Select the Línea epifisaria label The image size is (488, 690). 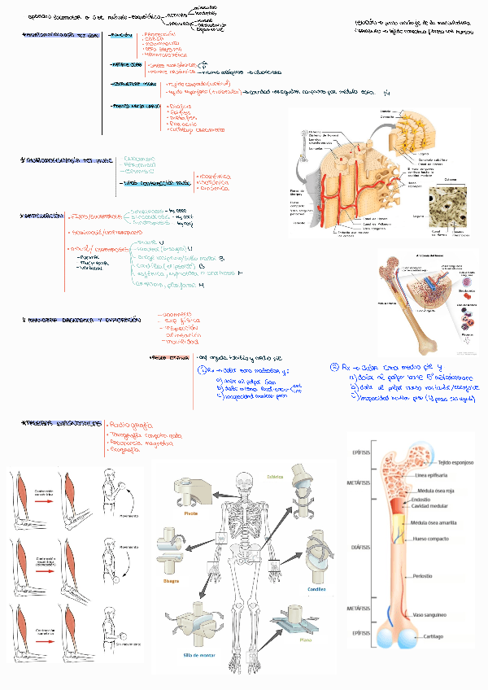[433, 474]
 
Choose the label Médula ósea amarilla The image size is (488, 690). [442, 522]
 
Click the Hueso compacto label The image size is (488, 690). [432, 538]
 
